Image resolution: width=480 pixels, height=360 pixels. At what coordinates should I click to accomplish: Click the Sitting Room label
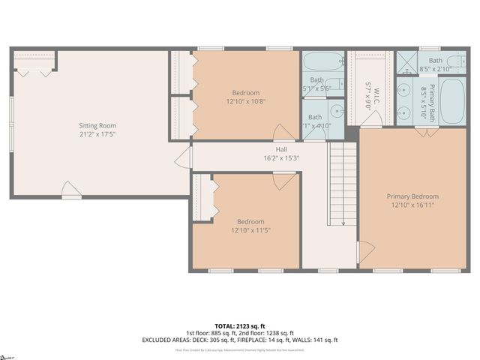(97, 125)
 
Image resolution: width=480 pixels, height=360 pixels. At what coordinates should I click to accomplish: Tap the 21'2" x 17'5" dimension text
(97, 134)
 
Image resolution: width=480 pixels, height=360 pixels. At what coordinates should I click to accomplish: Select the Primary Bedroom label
(412, 196)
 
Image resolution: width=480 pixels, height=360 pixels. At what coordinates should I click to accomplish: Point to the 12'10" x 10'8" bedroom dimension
(247, 100)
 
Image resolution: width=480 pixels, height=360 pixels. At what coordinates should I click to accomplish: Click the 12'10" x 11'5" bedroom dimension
(250, 230)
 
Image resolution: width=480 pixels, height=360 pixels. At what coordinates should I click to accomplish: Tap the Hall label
(281, 149)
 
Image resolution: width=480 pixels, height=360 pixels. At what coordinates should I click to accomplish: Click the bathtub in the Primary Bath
(451, 100)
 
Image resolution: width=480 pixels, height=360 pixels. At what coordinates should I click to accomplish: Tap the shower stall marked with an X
(406, 61)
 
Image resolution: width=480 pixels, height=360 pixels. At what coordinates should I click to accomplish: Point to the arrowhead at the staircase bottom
(343, 223)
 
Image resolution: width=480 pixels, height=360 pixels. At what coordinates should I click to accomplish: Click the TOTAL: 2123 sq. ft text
(239, 325)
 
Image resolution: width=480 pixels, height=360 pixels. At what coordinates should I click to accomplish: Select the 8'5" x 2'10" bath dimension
(435, 69)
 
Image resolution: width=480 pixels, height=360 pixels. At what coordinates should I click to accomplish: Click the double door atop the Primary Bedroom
(427, 133)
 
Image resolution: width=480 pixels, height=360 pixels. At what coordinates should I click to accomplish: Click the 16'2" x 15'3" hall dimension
(281, 157)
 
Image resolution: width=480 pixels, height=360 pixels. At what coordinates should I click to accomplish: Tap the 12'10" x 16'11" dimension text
(412, 205)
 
